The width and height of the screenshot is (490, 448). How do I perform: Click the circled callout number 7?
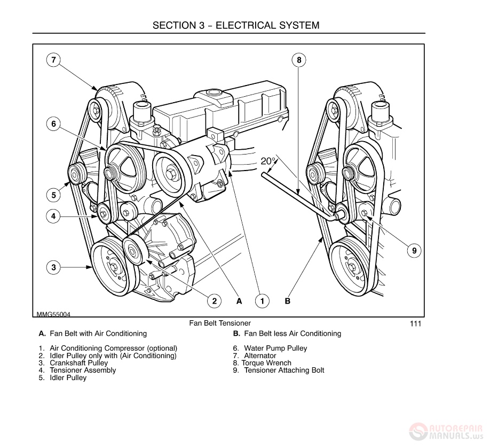(x=53, y=60)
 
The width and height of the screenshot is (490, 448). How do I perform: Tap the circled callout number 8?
(x=299, y=60)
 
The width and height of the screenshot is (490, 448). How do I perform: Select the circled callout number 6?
(x=53, y=124)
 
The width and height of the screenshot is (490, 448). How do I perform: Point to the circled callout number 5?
(x=53, y=195)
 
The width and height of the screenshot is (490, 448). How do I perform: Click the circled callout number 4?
(x=53, y=217)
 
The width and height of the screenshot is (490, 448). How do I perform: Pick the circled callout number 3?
(x=53, y=267)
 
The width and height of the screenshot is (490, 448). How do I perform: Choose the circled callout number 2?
(x=214, y=301)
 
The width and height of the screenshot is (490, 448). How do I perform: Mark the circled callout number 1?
(x=262, y=301)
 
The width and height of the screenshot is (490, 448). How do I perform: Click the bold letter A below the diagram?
(x=239, y=301)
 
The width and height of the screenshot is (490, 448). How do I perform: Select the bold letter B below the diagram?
(x=287, y=301)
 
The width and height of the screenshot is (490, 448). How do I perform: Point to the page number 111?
(x=416, y=323)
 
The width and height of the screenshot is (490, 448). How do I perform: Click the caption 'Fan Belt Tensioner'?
(x=219, y=323)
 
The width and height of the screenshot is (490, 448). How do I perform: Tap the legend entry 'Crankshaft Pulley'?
(x=78, y=363)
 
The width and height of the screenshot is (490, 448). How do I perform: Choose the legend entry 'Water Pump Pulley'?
(x=275, y=349)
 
